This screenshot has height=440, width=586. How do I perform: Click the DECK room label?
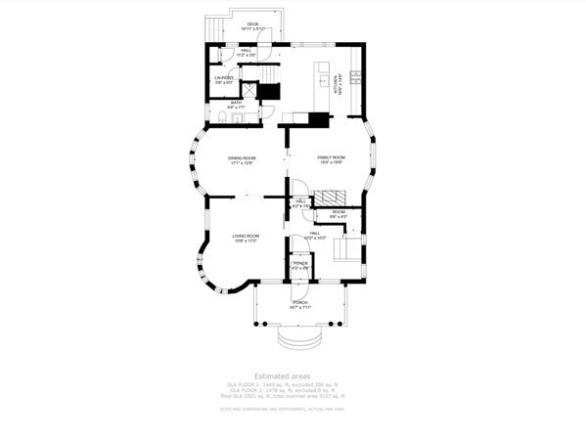pyautogui.click(x=251, y=24)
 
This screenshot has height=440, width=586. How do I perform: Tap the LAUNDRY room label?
pyautogui.click(x=224, y=78)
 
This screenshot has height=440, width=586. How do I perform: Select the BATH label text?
pyautogui.click(x=236, y=102)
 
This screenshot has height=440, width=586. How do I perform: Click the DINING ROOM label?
pyautogui.click(x=242, y=159)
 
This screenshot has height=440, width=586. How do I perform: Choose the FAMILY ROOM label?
pyautogui.click(x=331, y=158)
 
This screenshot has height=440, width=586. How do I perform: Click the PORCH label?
pyautogui.click(x=299, y=304)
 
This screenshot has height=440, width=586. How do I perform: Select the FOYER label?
pyautogui.click(x=300, y=264)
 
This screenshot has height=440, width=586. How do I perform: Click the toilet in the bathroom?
pyautogui.click(x=221, y=118)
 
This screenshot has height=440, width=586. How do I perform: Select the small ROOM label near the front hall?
pyautogui.click(x=338, y=213)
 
